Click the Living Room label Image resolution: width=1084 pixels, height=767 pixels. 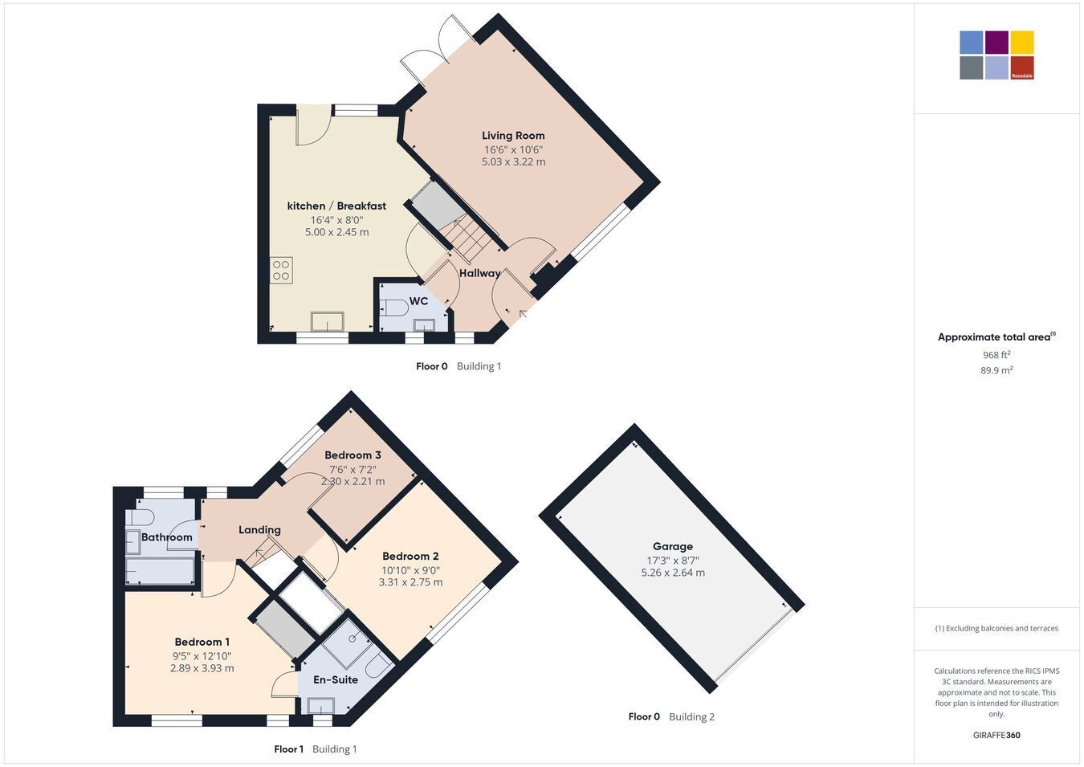tap(513, 136)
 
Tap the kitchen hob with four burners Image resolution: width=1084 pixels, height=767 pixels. tap(281, 270)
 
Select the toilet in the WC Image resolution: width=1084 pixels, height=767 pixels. tap(394, 308)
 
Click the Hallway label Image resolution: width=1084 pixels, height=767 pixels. tap(479, 273)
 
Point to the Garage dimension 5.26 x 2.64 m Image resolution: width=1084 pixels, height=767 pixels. tap(673, 573)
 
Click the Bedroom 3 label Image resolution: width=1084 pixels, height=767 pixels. tap(353, 455)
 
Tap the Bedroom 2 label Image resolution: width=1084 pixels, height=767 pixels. tap(410, 556)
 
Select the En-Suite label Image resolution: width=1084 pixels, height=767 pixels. tap(336, 679)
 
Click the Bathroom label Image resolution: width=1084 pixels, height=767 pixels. tap(166, 537)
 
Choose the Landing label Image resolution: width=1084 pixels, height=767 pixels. tap(259, 530)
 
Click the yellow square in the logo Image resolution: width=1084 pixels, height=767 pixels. tap(1022, 43)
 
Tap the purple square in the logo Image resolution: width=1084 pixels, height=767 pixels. tap(997, 43)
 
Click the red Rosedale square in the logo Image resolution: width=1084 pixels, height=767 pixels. tap(1022, 67)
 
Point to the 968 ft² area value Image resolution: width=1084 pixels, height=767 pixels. tap(996, 355)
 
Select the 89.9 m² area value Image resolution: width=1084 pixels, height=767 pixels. tap(996, 370)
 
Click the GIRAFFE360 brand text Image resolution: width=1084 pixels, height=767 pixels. tap(996, 735)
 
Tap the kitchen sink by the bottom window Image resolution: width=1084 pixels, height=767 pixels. tap(328, 322)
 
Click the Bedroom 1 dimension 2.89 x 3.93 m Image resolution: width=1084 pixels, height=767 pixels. tap(202, 668)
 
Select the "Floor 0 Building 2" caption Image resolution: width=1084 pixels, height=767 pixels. tap(671, 716)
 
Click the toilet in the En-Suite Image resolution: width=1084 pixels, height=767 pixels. tap(378, 665)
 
